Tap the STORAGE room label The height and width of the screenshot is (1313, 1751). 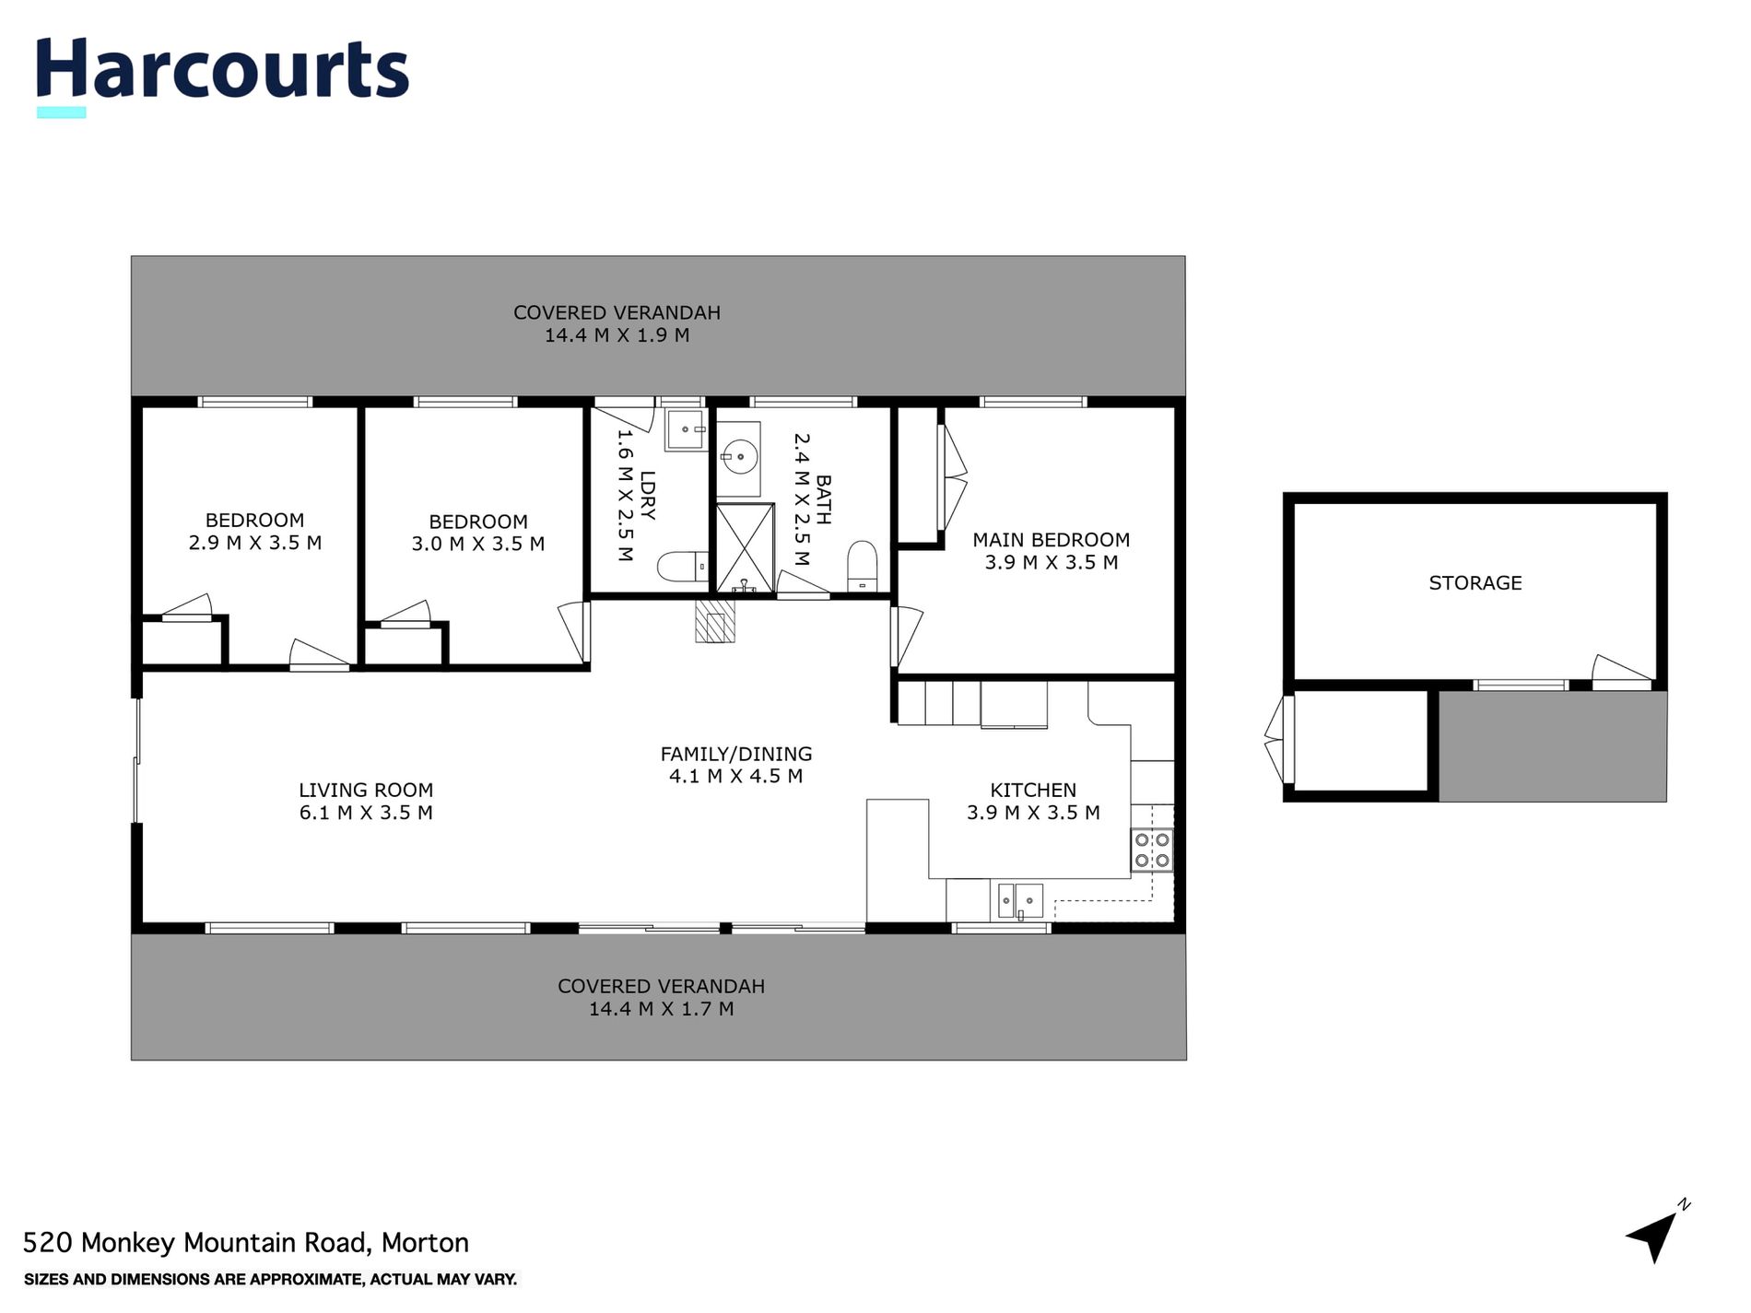(x=1475, y=582)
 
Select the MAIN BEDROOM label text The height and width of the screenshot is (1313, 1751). (x=1051, y=540)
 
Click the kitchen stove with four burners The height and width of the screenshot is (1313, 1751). (x=1152, y=850)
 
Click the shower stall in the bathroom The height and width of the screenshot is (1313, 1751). (x=745, y=548)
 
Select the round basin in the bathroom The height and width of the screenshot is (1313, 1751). (x=739, y=455)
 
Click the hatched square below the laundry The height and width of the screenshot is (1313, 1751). (x=715, y=620)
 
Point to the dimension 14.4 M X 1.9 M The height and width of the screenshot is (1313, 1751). (x=617, y=335)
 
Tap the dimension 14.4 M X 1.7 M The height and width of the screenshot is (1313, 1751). (x=661, y=1009)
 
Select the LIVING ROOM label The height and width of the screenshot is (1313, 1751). (x=365, y=790)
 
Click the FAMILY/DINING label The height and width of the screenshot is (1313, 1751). (x=735, y=754)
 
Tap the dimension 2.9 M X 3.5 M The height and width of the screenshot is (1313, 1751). (x=254, y=543)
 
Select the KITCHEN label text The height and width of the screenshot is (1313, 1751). (x=1032, y=790)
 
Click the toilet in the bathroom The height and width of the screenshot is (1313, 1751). (x=863, y=565)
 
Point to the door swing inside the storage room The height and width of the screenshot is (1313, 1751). (x=1620, y=671)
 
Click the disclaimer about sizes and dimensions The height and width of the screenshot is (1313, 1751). (x=270, y=1279)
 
